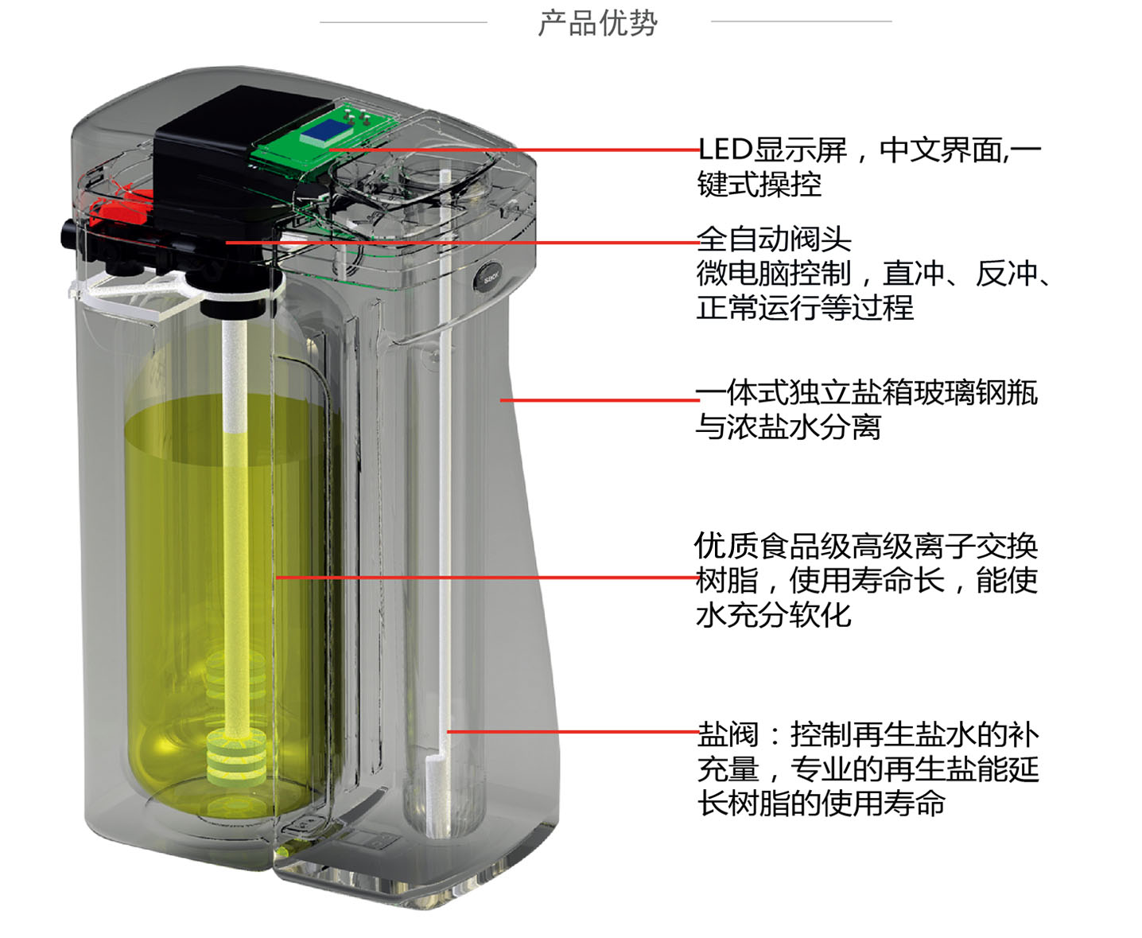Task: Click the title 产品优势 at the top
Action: [597, 23]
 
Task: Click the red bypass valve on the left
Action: [119, 212]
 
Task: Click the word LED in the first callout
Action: [724, 150]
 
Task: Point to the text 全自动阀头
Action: [773, 239]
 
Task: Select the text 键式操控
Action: [759, 185]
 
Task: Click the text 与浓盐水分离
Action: [788, 427]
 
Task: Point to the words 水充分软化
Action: [773, 614]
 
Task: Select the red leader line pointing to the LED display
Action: [517, 150]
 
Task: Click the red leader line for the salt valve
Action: [573, 731]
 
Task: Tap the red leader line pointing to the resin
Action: [485, 577]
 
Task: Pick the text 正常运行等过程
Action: [805, 308]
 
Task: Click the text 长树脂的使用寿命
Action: [821, 803]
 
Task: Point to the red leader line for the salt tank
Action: [596, 399]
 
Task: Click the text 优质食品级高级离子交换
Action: [866, 546]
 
